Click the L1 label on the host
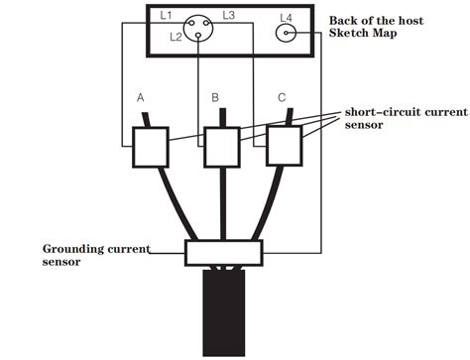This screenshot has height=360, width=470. pyautogui.click(x=165, y=17)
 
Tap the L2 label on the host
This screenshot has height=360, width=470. pyautogui.click(x=176, y=37)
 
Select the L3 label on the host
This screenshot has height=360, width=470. pyautogui.click(x=228, y=17)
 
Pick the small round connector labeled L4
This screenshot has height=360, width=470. pyautogui.click(x=289, y=34)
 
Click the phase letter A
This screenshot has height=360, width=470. pyautogui.click(x=141, y=98)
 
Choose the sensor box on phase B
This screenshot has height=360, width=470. pyautogui.click(x=221, y=147)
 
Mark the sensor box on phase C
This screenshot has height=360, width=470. pyautogui.click(x=285, y=147)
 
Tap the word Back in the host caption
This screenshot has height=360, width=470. pyautogui.click(x=343, y=19)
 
